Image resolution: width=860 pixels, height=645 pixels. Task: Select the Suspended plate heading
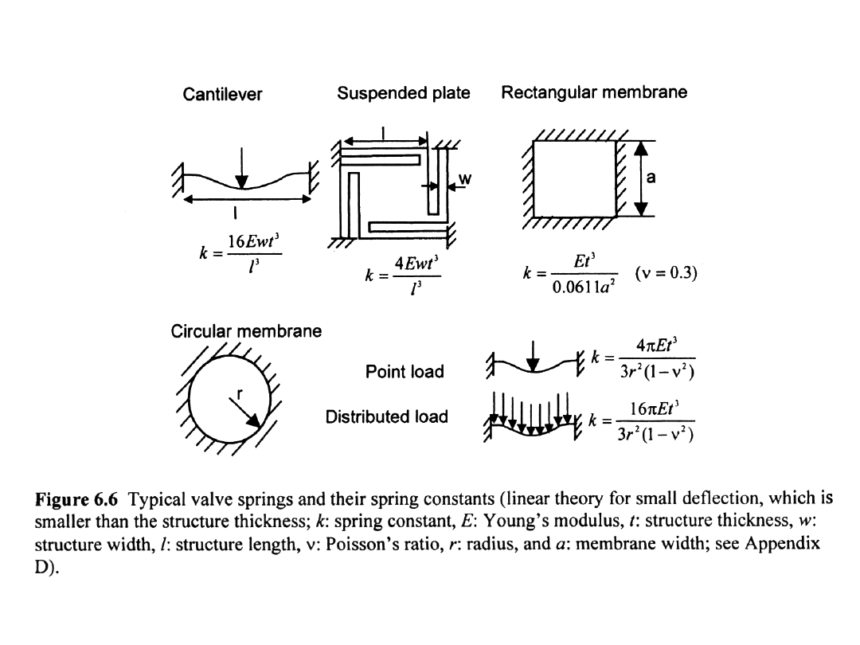click(404, 94)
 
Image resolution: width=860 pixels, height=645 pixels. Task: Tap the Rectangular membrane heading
click(594, 93)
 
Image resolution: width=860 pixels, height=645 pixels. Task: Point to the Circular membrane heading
click(247, 330)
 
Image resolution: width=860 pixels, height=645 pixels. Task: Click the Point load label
click(405, 371)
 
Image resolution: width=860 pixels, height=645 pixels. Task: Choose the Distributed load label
click(387, 416)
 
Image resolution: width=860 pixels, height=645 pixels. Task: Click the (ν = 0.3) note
click(666, 274)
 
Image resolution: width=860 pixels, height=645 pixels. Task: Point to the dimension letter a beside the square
click(651, 178)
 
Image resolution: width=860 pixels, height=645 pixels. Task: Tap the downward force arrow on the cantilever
click(242, 168)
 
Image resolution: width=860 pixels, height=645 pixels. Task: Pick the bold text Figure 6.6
click(78, 499)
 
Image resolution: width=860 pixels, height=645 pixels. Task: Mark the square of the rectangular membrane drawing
click(575, 179)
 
